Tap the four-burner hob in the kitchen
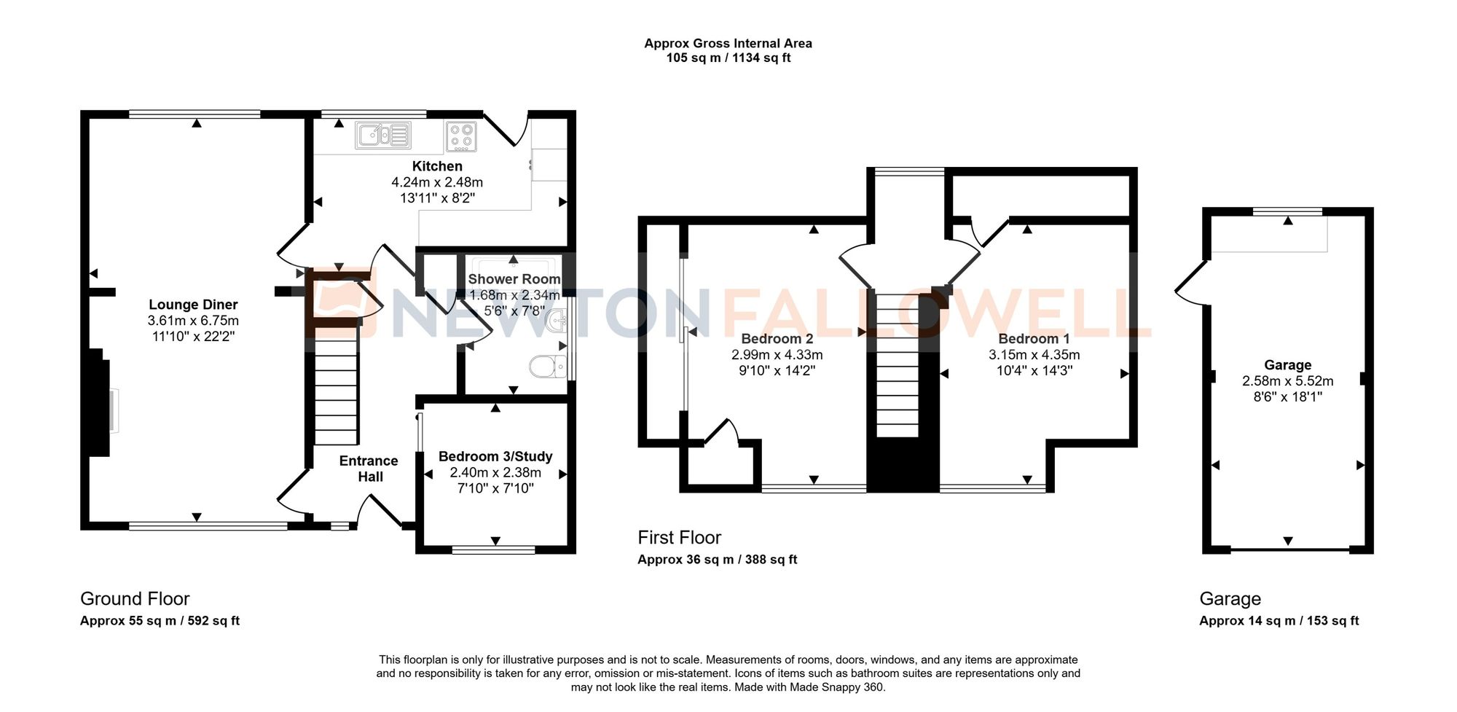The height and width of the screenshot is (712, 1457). (461, 136)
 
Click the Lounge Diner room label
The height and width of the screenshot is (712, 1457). (193, 305)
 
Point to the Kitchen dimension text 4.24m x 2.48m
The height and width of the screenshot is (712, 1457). (437, 182)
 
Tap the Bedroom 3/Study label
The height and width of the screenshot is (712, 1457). (495, 456)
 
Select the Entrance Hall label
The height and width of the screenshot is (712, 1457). (369, 469)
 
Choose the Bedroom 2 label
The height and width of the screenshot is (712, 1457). (777, 339)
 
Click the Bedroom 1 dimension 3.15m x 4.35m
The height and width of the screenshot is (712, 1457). (1034, 355)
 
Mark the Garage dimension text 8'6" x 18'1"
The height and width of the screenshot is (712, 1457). (1288, 396)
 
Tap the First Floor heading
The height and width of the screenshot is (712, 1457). (679, 538)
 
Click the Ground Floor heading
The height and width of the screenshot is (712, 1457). (135, 599)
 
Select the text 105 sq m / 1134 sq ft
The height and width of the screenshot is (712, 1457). (728, 58)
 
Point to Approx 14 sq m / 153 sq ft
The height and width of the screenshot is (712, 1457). (1279, 621)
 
